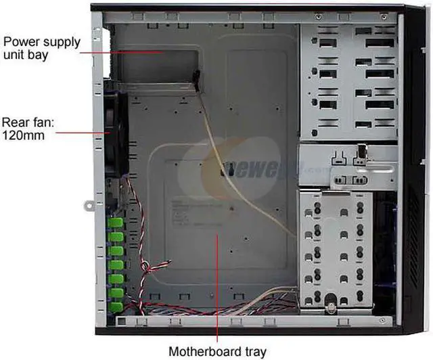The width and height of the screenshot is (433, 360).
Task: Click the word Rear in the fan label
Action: [16, 122]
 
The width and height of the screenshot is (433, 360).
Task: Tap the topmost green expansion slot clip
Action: [116, 223]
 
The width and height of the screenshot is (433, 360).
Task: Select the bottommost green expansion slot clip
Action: [116, 306]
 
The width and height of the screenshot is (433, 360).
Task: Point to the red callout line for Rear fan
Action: [81, 133]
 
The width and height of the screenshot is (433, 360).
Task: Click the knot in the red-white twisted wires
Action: [145, 267]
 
